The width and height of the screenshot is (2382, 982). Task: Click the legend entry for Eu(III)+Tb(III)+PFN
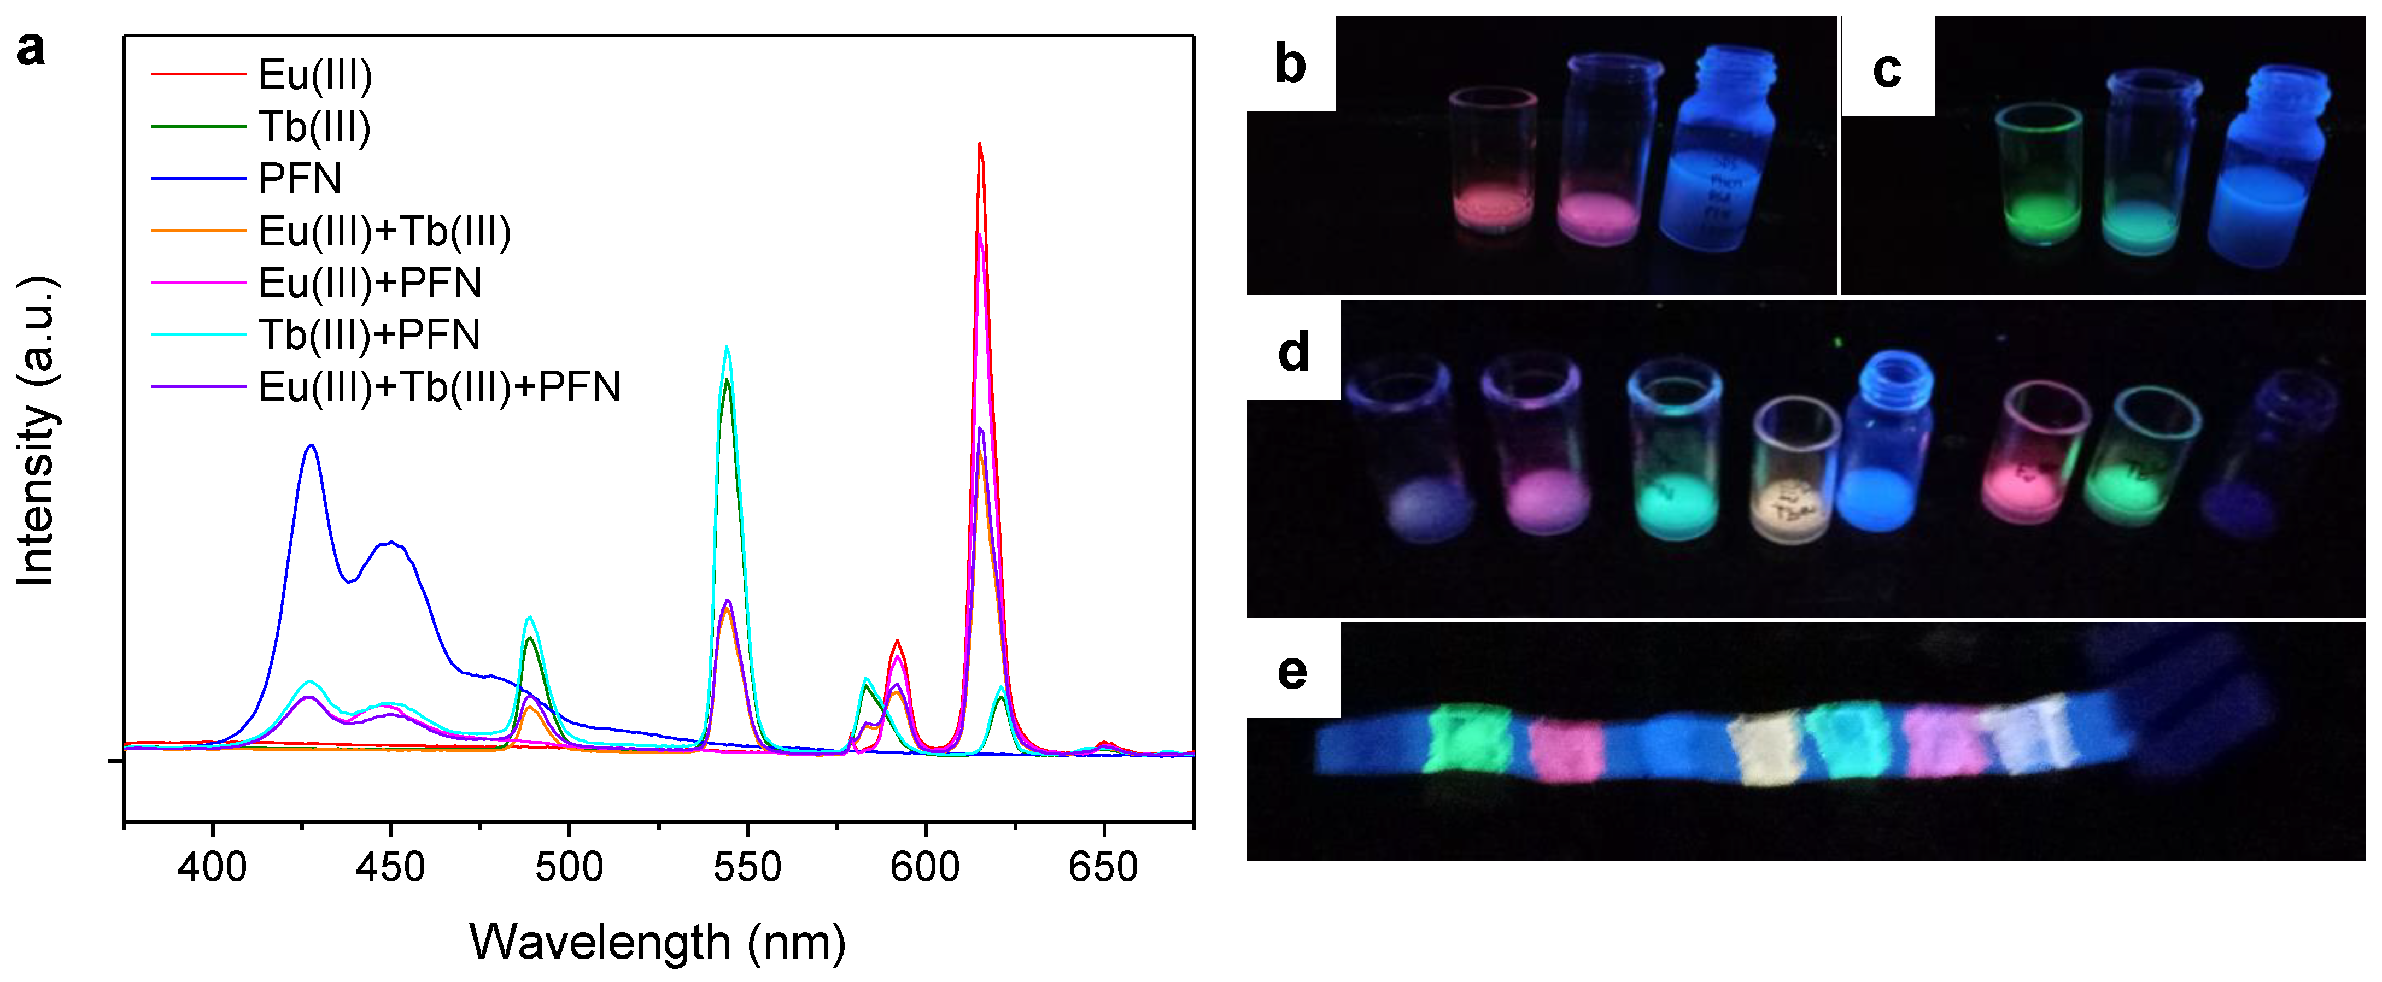pos(439,386)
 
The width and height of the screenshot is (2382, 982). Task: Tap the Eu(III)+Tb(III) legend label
pos(385,231)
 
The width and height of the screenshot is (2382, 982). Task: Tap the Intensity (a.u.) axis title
pos(37,430)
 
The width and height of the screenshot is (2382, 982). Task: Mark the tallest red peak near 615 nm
pos(979,146)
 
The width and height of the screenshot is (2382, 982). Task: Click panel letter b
pos(1290,64)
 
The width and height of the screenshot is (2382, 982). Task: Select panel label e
pos(1292,671)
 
